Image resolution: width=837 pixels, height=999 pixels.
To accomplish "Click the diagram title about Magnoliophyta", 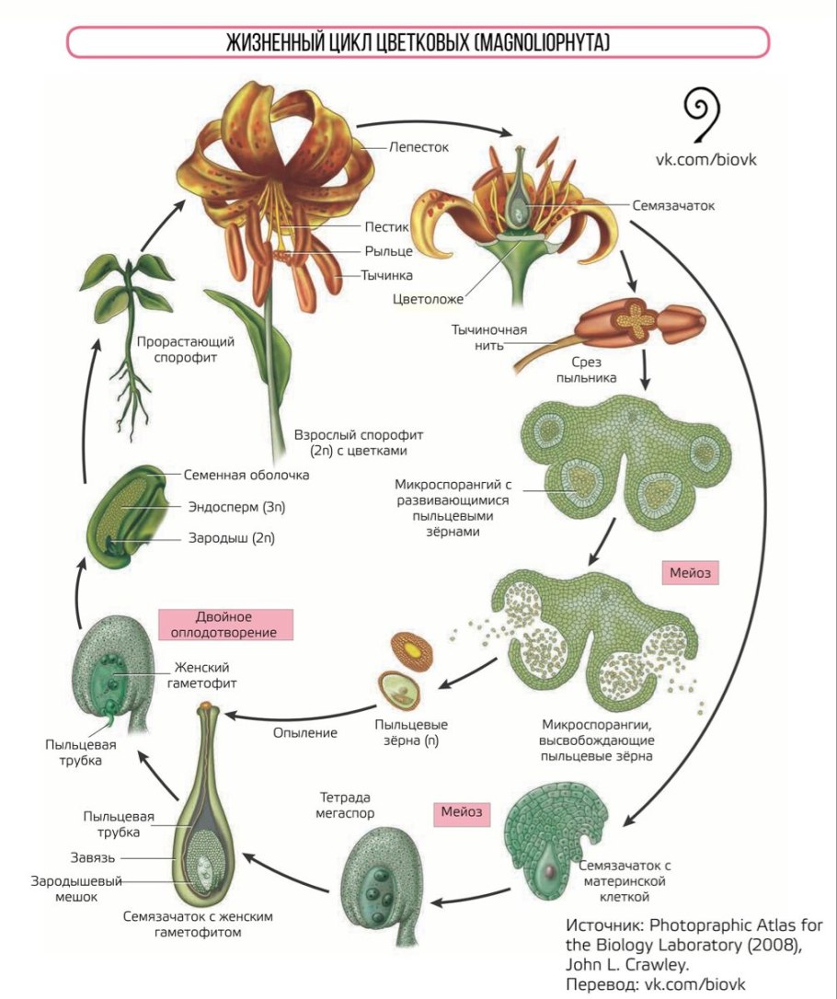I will click(418, 43).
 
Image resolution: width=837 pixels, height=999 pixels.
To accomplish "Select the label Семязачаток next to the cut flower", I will click(673, 205).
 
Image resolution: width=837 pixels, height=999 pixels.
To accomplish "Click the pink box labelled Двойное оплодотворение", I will click(225, 624).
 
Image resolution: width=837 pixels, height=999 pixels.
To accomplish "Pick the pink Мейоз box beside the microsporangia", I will click(688, 572).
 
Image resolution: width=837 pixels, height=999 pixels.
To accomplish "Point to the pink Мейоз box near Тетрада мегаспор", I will click(460, 812).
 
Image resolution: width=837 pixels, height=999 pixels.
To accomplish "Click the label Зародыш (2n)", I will click(230, 539).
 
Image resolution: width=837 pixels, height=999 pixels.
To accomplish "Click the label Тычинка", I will click(386, 274).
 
